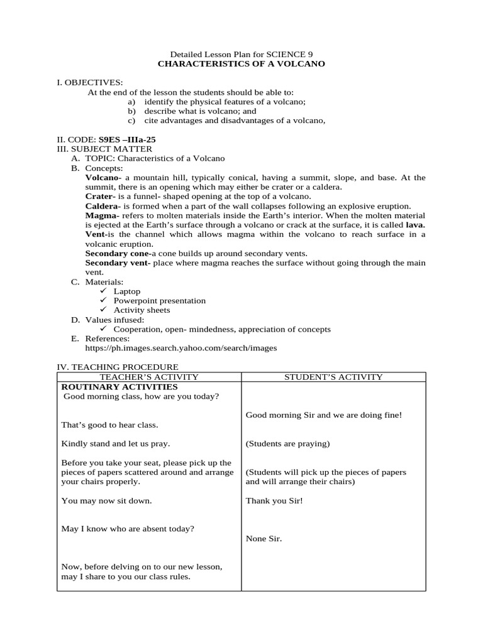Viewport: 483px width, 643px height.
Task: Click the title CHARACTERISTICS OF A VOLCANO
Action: coord(241,64)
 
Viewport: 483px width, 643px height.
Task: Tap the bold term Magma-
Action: coord(102,215)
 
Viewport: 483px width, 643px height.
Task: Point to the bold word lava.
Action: coord(415,225)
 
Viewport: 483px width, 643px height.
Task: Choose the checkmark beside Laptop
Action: coord(104,291)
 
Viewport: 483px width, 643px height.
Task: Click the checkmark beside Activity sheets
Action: coord(104,310)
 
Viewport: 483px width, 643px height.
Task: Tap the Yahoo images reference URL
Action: coord(180,347)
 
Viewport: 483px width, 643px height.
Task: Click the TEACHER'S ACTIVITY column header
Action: coord(149,377)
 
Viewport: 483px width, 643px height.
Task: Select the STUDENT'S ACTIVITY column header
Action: coord(333,377)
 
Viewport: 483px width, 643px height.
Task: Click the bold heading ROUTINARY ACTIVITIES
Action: coord(119,387)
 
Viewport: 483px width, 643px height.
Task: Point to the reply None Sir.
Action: coord(264,538)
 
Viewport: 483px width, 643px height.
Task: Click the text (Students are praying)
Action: coord(287,443)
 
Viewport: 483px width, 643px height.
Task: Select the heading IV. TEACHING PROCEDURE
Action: coord(118,367)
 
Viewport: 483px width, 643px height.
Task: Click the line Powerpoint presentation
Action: coord(160,301)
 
